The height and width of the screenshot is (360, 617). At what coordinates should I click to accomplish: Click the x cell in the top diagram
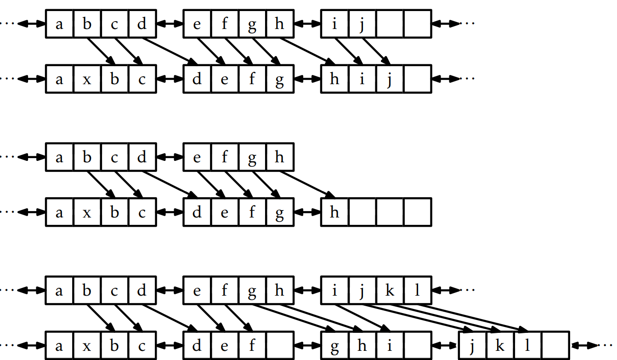[87, 79]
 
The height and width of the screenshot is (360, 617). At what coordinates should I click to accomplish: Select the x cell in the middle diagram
[87, 212]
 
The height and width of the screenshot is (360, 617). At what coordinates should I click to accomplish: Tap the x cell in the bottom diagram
[87, 346]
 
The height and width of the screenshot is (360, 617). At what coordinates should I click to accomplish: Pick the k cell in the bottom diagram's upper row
[390, 291]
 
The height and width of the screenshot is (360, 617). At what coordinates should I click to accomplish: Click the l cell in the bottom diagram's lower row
[527, 346]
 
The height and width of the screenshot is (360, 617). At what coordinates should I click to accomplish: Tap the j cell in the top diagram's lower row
[390, 79]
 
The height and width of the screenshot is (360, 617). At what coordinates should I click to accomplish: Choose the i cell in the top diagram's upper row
[334, 23]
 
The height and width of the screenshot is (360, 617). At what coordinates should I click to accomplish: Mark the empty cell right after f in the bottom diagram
[279, 346]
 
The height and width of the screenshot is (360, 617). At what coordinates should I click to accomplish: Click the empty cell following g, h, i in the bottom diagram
[417, 346]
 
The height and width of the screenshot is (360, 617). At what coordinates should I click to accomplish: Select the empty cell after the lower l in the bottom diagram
[555, 346]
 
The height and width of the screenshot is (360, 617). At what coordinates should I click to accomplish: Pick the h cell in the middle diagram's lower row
[334, 212]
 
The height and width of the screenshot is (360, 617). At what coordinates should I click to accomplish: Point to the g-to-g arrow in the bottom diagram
[294, 317]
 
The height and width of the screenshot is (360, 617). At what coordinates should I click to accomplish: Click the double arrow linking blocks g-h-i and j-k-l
[445, 345]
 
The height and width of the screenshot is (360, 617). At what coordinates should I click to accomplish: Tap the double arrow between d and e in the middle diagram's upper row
[170, 157]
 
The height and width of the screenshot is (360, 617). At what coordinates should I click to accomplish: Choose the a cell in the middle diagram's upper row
[59, 157]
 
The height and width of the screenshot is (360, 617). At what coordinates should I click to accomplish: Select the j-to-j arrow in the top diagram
[376, 51]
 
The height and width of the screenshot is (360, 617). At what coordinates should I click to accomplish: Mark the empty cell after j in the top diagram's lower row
[417, 79]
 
